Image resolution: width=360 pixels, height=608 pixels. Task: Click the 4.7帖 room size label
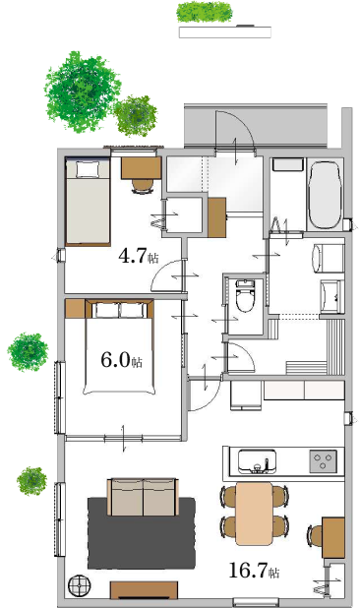[139, 257]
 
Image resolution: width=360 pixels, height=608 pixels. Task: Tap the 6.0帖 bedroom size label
[121, 360]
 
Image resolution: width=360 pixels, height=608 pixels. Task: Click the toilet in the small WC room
[245, 296]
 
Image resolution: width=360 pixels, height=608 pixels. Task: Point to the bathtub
[326, 196]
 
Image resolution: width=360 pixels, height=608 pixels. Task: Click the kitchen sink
[257, 461]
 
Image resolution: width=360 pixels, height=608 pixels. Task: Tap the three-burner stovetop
[323, 461]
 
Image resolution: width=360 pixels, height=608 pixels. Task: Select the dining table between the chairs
[254, 513]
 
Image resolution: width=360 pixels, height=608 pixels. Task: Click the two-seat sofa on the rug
[143, 497]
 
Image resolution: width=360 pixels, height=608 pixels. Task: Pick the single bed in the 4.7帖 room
[88, 202]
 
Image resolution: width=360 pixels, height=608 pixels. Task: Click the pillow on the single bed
[88, 169]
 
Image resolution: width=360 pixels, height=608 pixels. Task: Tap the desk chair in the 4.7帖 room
[143, 186]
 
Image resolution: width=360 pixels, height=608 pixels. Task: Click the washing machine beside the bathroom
[328, 258]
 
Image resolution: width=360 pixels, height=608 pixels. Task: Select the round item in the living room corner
[79, 585]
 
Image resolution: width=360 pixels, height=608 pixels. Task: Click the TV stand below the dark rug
[144, 589]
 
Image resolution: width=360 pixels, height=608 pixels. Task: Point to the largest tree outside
[81, 91]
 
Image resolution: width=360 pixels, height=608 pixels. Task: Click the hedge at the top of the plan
[205, 12]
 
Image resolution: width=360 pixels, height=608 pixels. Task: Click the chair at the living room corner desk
[316, 536]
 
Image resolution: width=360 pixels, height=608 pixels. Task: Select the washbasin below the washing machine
[331, 297]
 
